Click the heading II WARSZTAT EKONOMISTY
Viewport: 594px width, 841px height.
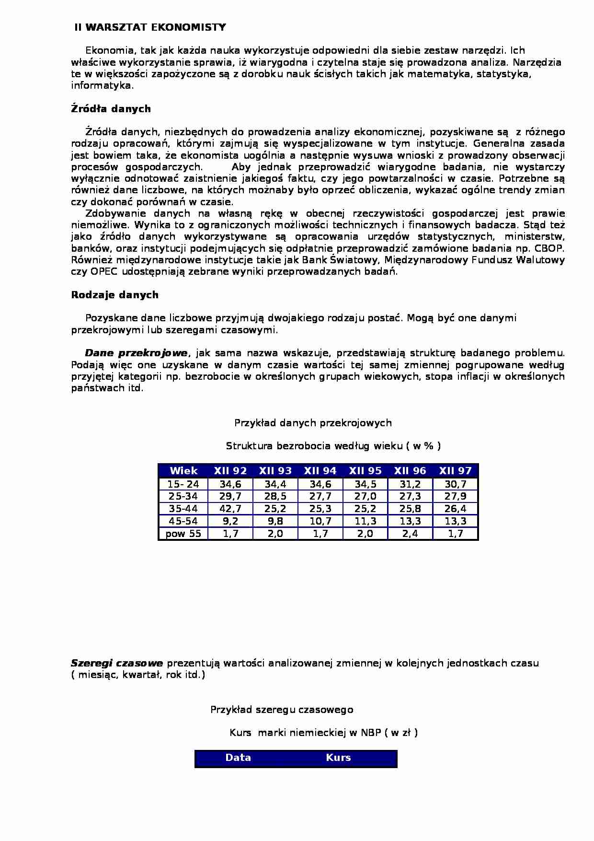click(150, 27)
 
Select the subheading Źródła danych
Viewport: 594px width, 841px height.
click(111, 109)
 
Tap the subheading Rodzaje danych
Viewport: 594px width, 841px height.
click(114, 295)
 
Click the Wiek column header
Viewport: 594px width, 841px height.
click(183, 471)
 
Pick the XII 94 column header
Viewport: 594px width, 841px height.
click(320, 471)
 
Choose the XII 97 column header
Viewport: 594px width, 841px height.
click(455, 471)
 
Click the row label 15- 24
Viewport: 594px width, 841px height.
click(183, 484)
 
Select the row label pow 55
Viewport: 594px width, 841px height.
click(183, 534)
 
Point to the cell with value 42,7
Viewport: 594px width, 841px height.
click(230, 509)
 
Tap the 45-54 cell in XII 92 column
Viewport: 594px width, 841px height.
click(230, 521)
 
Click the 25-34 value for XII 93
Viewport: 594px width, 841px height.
click(275, 496)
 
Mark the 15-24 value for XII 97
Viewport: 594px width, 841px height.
click(455, 484)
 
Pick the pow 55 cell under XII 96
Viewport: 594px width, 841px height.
click(410, 534)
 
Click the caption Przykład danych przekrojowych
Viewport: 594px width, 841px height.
click(313, 423)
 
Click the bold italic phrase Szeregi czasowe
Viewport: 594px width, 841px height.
click(117, 663)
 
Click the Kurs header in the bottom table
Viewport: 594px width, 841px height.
click(338, 758)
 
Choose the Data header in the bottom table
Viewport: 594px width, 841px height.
click(238, 758)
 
